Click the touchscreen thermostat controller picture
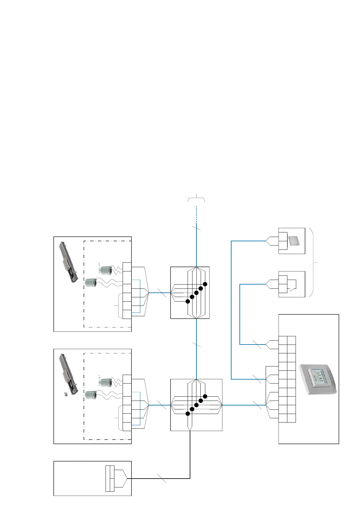[x=318, y=379]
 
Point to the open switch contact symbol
[x=293, y=285]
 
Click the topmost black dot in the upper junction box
[x=205, y=284]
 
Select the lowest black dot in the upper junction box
[x=188, y=301]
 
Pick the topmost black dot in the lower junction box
[x=205, y=396]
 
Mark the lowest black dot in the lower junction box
[x=188, y=414]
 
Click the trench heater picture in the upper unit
[x=69, y=262]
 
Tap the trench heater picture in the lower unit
[x=69, y=374]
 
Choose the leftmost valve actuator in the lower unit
[x=91, y=395]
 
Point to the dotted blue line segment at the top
[x=196, y=212]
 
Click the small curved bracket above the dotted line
[x=196, y=198]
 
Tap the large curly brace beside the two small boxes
[x=313, y=262]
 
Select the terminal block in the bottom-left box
[x=110, y=478]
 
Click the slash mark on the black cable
[x=162, y=478]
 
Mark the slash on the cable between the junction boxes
[x=196, y=345]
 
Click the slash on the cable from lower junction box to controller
[x=257, y=405]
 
